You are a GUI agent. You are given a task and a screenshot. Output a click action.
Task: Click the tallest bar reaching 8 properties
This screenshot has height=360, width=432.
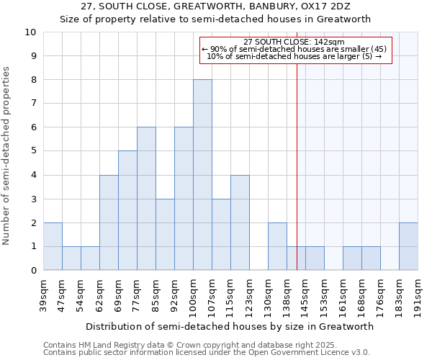202,175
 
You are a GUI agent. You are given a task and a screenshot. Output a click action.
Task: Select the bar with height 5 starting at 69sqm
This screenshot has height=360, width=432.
127,210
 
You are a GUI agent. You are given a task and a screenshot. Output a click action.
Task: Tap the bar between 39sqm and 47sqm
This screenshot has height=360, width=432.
53,246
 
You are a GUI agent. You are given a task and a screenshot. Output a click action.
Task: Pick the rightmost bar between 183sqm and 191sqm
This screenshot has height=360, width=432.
408,246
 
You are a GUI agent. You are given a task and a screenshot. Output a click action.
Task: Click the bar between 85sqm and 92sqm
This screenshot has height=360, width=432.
165,234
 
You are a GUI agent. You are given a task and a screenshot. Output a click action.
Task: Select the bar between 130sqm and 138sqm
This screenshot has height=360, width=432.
277,246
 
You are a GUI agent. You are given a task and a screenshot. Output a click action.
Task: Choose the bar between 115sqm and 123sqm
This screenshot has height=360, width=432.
240,222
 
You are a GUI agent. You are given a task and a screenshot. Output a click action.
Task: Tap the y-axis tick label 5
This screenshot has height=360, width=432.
33,151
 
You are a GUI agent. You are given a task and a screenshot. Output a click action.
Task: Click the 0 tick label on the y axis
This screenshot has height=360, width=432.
33,271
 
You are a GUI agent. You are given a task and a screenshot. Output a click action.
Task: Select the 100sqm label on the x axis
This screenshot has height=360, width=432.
194,292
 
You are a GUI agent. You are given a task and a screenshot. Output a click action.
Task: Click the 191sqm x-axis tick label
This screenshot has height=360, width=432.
418,292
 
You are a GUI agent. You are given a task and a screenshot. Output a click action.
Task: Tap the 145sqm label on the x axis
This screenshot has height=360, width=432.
306,292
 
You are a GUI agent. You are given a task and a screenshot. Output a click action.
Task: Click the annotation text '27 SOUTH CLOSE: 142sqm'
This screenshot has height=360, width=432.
294,42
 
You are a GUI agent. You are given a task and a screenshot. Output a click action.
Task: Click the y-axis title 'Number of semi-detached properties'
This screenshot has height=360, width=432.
7,156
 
